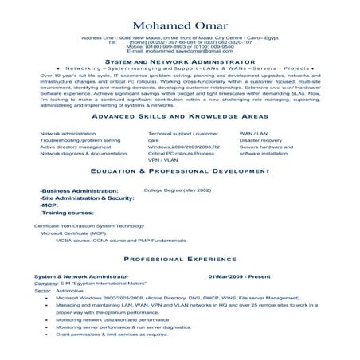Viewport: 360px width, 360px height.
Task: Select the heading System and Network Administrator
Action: pyautogui.click(x=179, y=61)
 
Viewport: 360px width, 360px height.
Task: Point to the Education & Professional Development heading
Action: pyautogui.click(x=179, y=171)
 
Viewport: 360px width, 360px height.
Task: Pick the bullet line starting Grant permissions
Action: pyautogui.click(x=112, y=334)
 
